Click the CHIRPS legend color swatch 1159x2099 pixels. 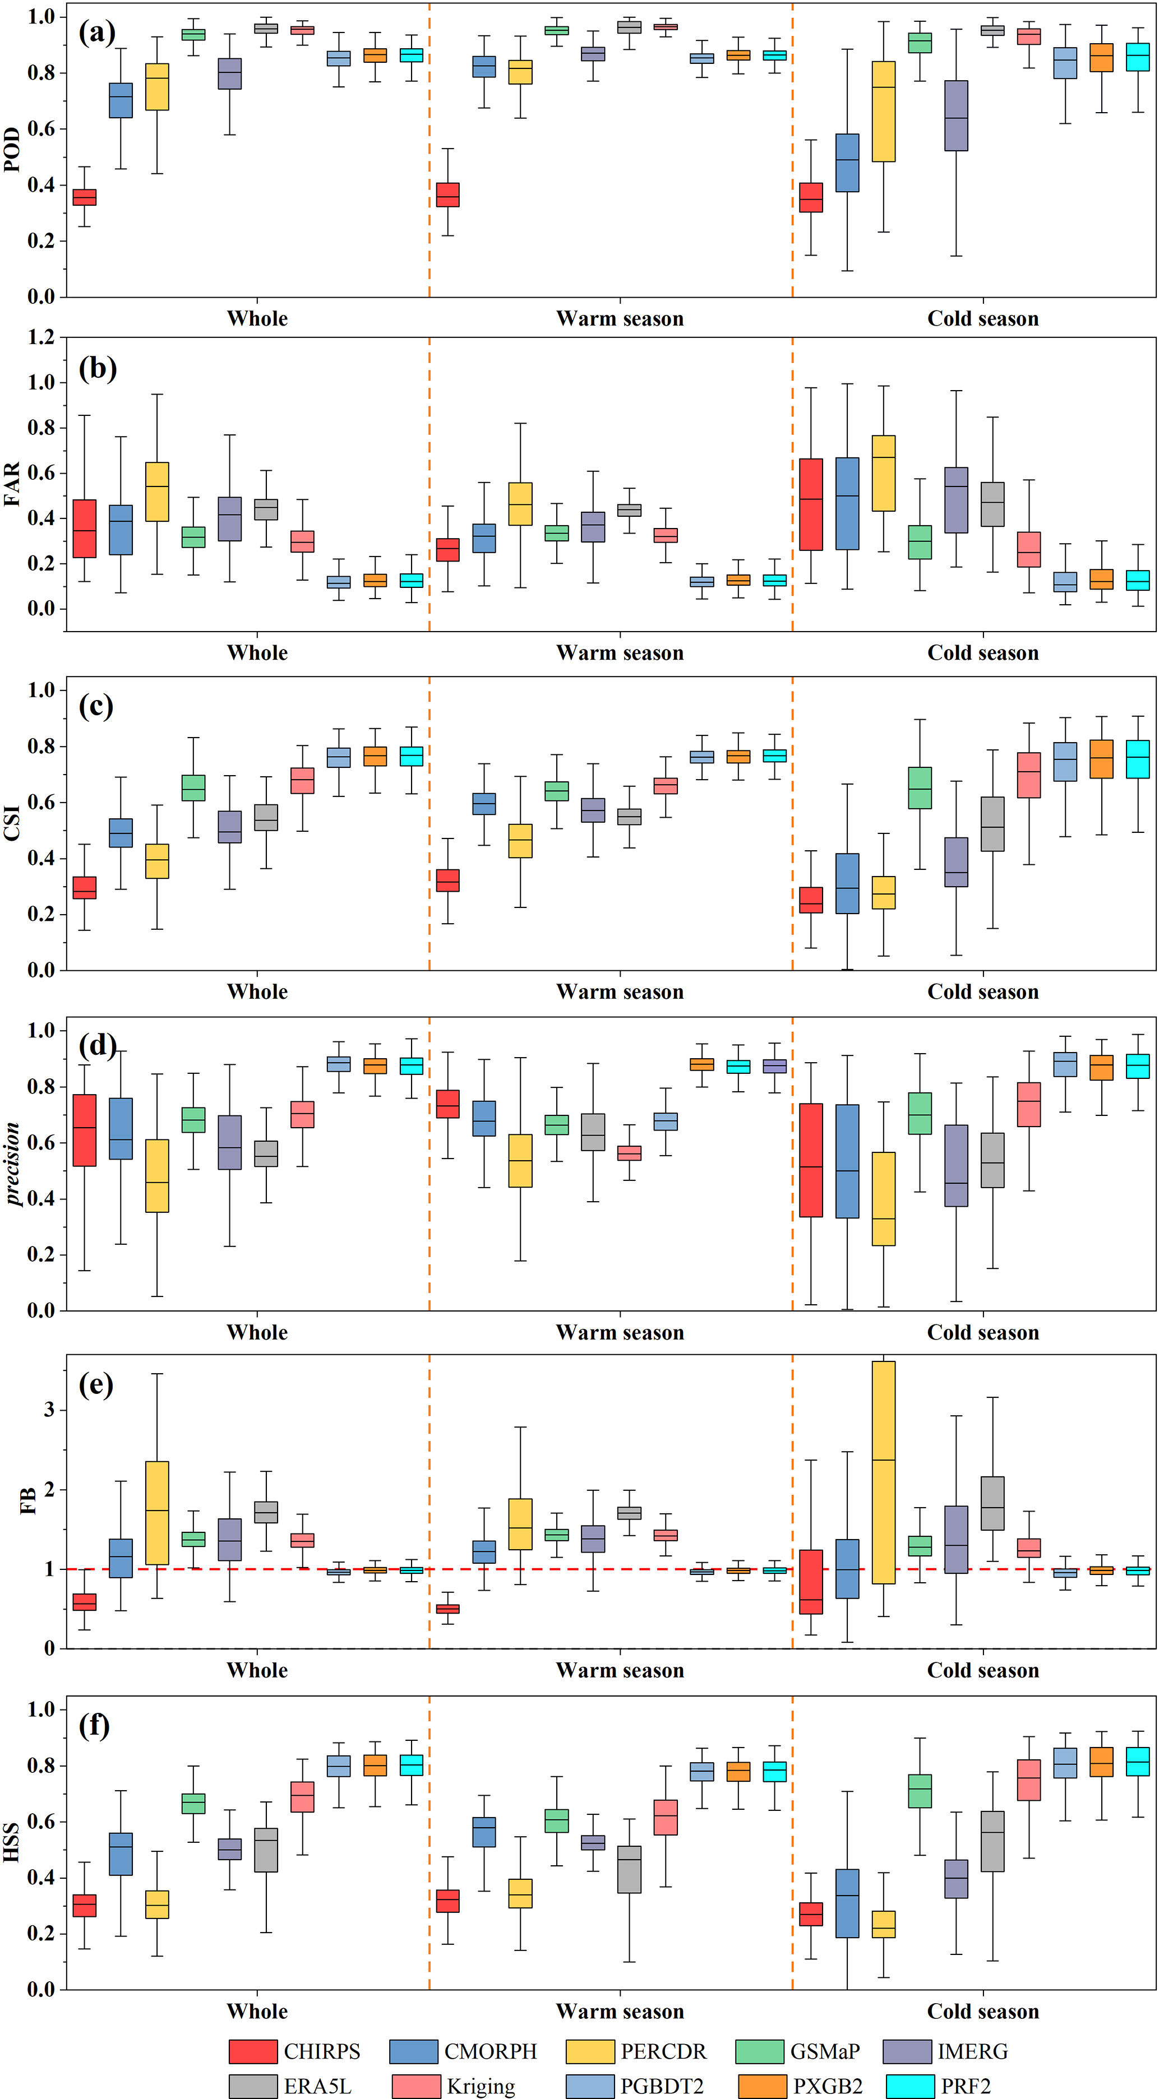pos(253,2050)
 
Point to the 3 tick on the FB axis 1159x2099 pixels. pos(49,1409)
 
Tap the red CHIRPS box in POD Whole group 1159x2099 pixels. pos(85,197)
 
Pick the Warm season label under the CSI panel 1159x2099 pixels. pos(620,991)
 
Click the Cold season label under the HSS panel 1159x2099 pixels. pos(983,2011)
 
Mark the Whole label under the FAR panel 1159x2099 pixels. pos(257,652)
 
